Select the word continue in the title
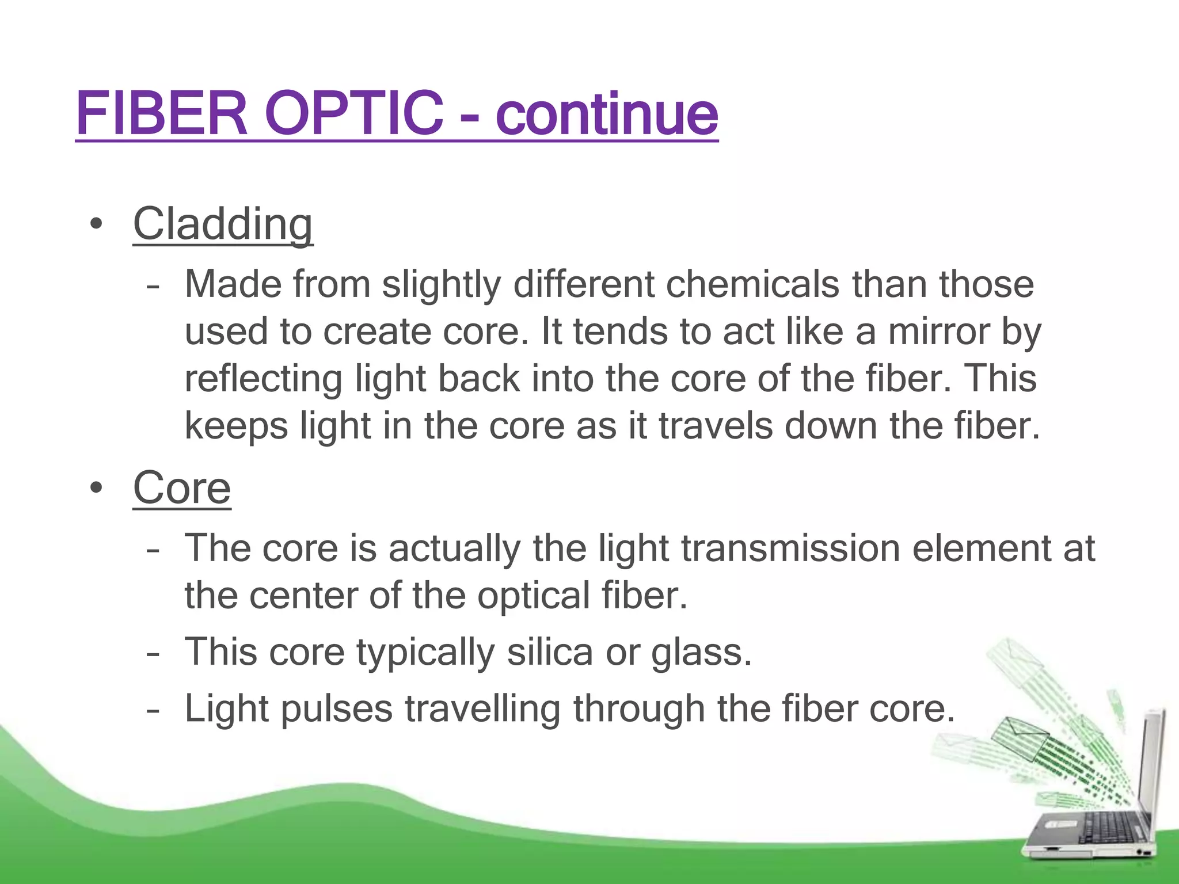coord(606,114)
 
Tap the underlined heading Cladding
coord(223,224)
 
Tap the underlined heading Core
coord(182,488)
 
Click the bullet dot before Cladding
coord(96,224)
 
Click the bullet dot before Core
coord(96,488)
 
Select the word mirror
coord(938,332)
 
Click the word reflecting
coord(263,380)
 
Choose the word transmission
coord(790,548)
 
